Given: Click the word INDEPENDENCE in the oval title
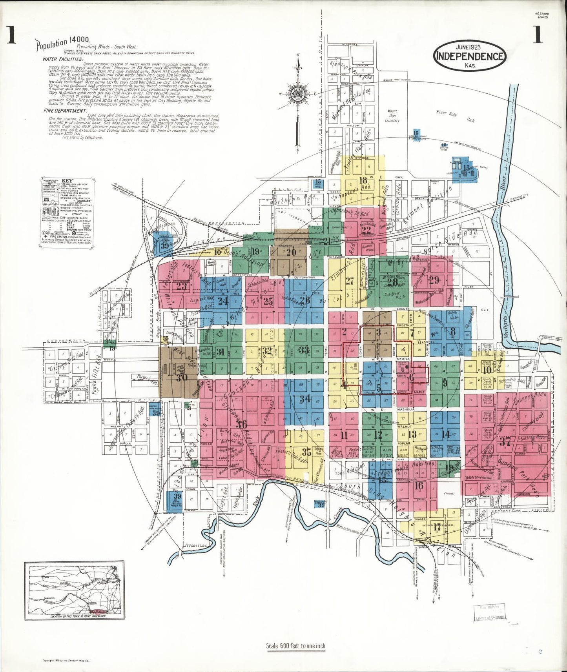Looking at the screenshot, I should tap(469, 56).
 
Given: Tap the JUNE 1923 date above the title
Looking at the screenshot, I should tap(469, 45).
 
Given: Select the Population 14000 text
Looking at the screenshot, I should tap(63, 44).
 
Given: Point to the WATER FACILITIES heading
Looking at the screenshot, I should tap(63, 59).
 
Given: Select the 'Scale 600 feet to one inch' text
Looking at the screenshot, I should tap(295, 646).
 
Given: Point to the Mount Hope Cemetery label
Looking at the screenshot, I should tap(392, 116).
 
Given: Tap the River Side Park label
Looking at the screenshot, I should tap(457, 116).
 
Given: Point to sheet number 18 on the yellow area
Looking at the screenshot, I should tap(363, 180).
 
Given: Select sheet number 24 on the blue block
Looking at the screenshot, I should tap(223, 301).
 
